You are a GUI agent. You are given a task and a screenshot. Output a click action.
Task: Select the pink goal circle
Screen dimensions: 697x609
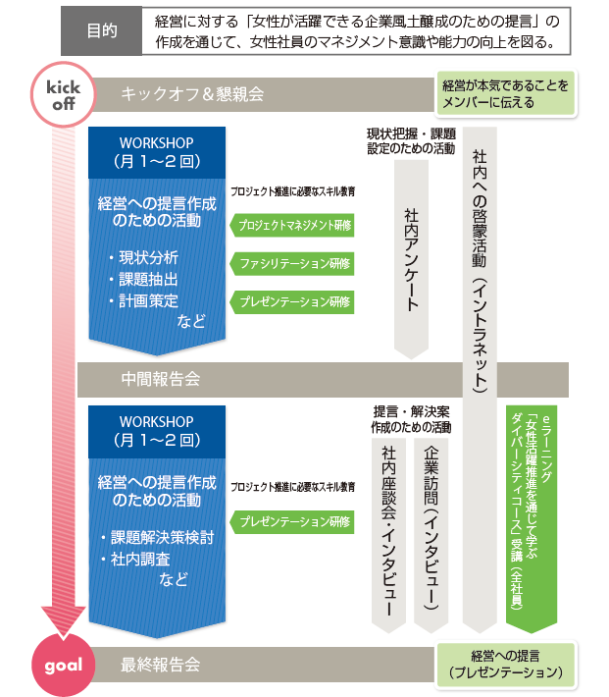pyautogui.click(x=63, y=664)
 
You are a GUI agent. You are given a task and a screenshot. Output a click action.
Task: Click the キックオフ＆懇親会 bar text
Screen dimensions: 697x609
pyautogui.click(x=192, y=94)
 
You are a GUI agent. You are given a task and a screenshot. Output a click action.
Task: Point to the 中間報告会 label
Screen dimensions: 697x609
pyautogui.click(x=162, y=378)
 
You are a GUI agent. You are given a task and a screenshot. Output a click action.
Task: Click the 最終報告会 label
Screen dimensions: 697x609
pyautogui.click(x=162, y=665)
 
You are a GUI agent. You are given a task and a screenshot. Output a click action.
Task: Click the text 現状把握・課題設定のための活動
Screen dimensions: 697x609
pyautogui.click(x=411, y=140)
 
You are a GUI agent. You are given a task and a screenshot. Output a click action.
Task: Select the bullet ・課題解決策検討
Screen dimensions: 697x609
pyautogui.click(x=157, y=539)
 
